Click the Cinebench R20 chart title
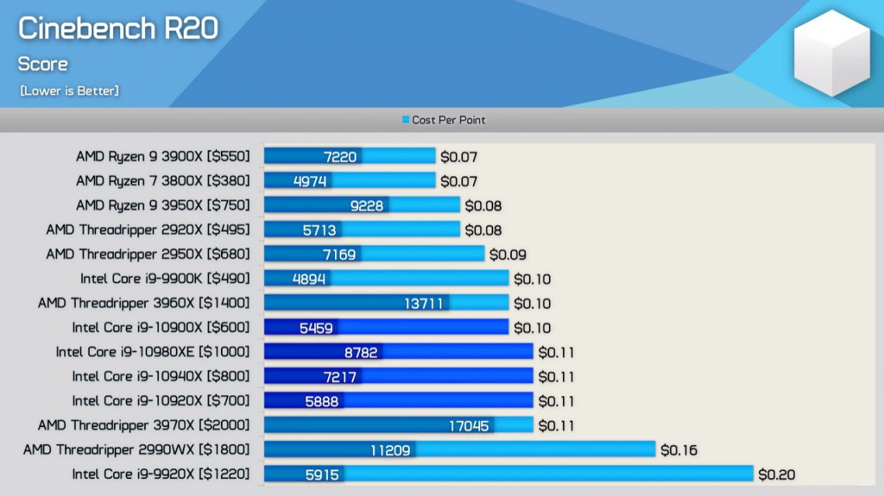click(x=118, y=29)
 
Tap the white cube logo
click(x=832, y=53)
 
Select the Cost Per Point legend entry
click(x=444, y=120)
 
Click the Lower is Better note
click(x=69, y=91)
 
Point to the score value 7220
click(x=340, y=157)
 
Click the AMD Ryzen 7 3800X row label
click(x=163, y=181)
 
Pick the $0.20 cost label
click(x=776, y=474)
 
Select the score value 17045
click(x=468, y=425)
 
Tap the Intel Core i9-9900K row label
click(x=165, y=279)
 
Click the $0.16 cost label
click(x=679, y=449)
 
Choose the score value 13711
click(x=423, y=303)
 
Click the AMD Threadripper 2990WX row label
click(x=136, y=449)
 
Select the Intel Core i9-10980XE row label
click(x=153, y=352)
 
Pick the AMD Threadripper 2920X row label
click(x=148, y=230)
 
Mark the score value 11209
click(x=390, y=449)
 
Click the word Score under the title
click(x=43, y=64)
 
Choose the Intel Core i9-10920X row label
click(x=161, y=401)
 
